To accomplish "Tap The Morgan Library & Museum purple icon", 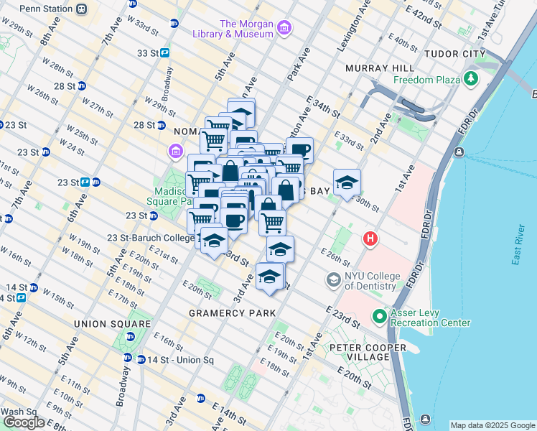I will coord(285,28).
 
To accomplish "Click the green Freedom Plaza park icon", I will coord(472,78).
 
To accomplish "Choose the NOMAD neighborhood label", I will coord(190,131).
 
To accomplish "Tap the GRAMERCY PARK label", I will coord(232,314).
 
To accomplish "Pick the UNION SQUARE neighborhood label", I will coord(113,324).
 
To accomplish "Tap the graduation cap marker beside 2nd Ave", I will coord(347,182).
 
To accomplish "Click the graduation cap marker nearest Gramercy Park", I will coord(269,277).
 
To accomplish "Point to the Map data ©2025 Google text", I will coord(492,425).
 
